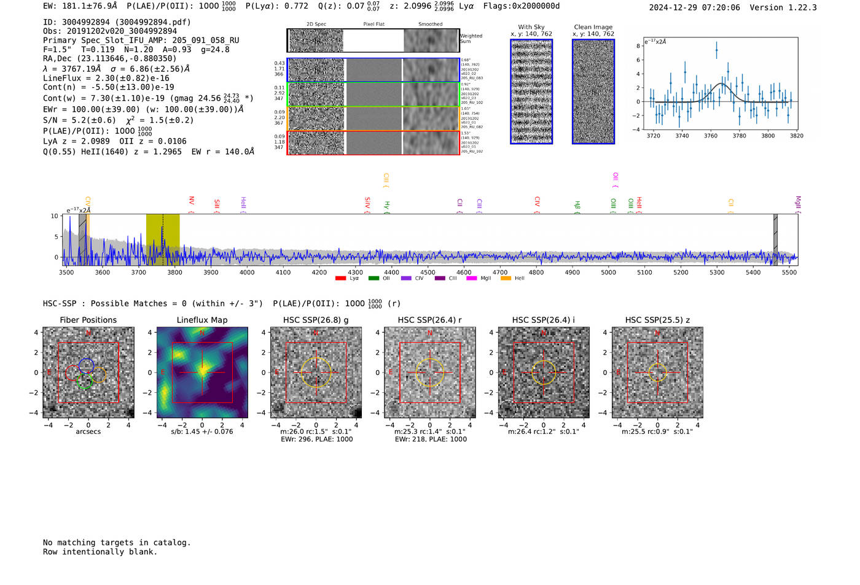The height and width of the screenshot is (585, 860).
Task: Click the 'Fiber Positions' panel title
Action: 88,320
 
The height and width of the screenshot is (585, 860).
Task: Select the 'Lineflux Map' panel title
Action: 201,320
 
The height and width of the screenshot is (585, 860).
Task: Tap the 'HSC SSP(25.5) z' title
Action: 657,320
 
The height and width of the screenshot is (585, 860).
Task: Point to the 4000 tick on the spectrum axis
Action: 247,272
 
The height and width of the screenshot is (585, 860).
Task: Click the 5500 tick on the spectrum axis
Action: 789,272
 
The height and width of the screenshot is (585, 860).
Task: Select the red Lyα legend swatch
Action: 341,279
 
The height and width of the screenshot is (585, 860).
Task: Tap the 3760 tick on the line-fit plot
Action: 711,136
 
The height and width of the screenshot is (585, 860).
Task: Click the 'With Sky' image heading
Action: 531,27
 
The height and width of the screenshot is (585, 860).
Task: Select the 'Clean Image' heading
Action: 593,27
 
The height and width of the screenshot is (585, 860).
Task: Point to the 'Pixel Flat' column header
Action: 373,24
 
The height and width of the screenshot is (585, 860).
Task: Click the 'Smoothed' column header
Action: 430,24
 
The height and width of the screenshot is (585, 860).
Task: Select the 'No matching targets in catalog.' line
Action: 117,543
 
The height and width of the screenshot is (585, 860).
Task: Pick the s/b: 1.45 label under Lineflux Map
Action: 201,432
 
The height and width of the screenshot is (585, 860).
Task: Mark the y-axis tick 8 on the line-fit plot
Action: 638,46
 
